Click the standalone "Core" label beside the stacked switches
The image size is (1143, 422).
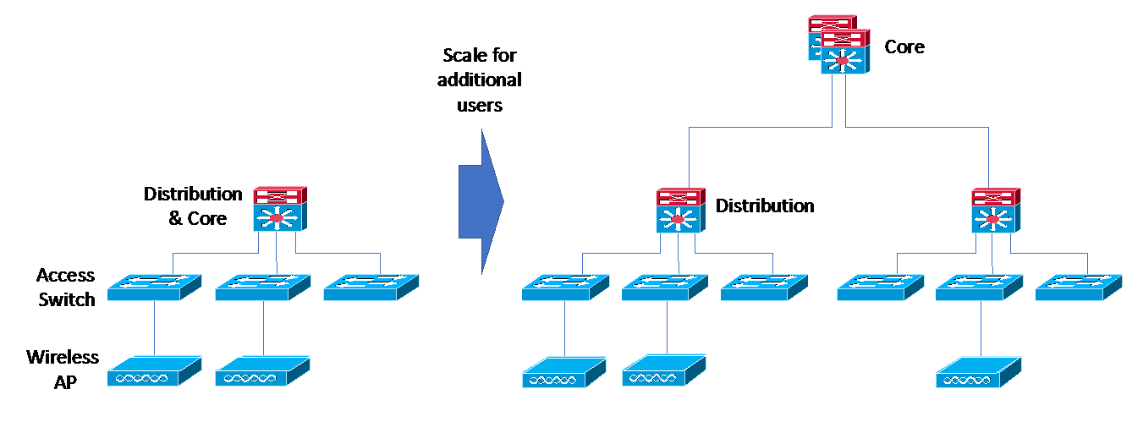[904, 47]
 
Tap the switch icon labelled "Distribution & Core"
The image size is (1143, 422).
[279, 211]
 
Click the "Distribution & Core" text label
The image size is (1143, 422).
[194, 206]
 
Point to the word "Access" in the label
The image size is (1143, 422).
[65, 276]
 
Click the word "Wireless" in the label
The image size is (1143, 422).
[63, 357]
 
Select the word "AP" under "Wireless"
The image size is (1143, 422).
[66, 382]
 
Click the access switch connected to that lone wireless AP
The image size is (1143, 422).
[980, 288]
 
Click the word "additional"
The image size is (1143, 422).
[481, 81]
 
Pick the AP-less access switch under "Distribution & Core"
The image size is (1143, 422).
[371, 288]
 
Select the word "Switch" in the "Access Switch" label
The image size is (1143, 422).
[67, 299]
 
